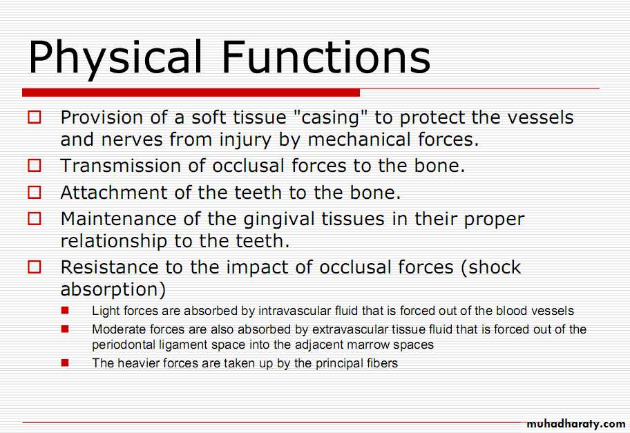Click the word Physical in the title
pyautogui.click(x=115, y=58)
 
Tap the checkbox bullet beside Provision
pyautogui.click(x=34, y=117)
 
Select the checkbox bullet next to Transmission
pyautogui.click(x=34, y=166)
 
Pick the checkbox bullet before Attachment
pyautogui.click(x=34, y=193)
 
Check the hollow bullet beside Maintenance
pyautogui.click(x=34, y=219)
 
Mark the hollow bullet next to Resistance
pyautogui.click(x=34, y=267)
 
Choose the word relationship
pyautogui.click(x=114, y=242)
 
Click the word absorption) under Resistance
pyautogui.click(x=113, y=290)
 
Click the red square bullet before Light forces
pyautogui.click(x=65, y=311)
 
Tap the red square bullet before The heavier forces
pyautogui.click(x=65, y=363)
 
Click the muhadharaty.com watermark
pyautogui.click(x=575, y=424)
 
